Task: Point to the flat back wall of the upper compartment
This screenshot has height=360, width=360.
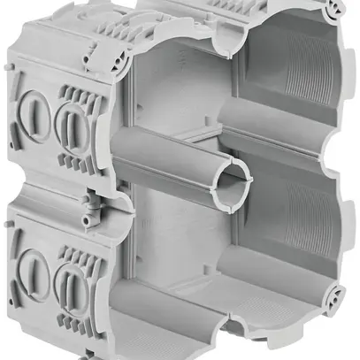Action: coord(177,97)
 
